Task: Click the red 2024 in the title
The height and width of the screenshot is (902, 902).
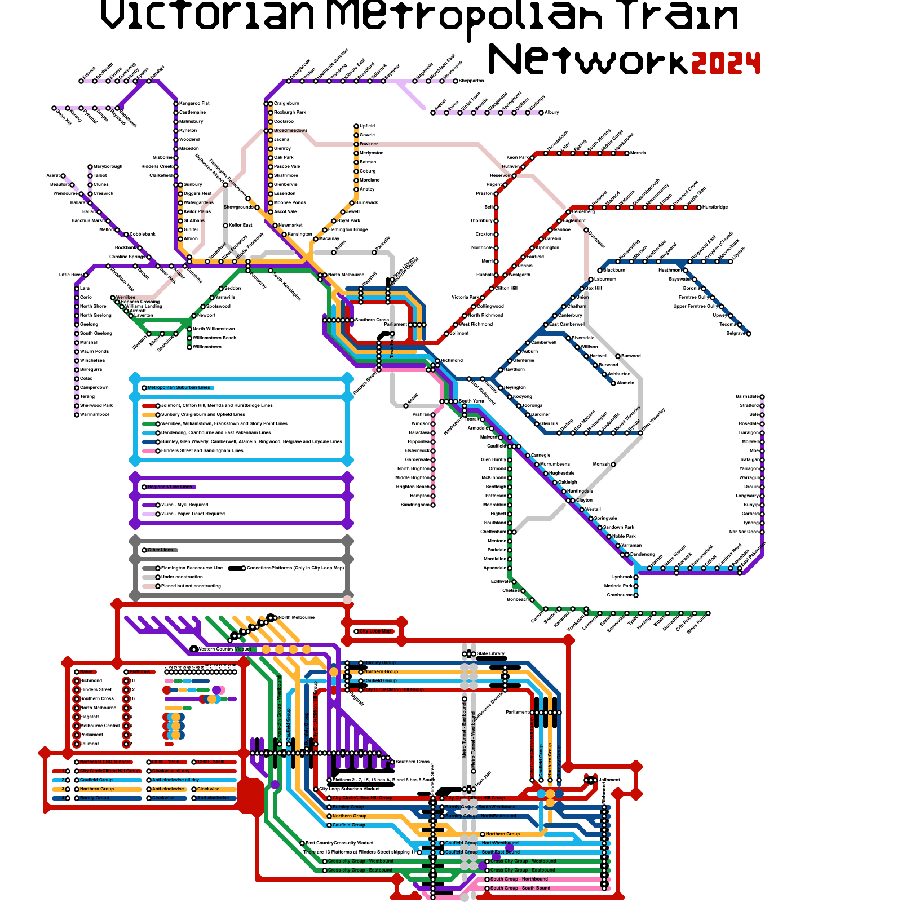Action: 726,63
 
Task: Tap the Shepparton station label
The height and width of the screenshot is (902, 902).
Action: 471,81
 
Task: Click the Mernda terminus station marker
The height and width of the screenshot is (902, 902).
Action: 627,153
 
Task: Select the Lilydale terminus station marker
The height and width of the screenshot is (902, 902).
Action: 731,262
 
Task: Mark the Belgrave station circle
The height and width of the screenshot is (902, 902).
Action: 749,334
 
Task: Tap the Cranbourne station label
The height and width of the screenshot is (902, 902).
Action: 620,595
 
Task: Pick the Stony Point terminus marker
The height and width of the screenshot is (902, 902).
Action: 708,613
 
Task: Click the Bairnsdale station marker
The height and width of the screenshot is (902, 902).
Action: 762,397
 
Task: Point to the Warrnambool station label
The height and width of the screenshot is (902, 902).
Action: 94,415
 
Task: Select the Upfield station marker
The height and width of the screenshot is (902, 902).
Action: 356,126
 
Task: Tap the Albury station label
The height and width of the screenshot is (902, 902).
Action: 551,113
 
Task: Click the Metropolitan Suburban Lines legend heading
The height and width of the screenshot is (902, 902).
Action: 179,388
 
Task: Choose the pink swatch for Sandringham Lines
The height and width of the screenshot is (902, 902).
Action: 149,451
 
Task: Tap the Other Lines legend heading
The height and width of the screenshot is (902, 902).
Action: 160,550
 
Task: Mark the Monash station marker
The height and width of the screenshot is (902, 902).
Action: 613,465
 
